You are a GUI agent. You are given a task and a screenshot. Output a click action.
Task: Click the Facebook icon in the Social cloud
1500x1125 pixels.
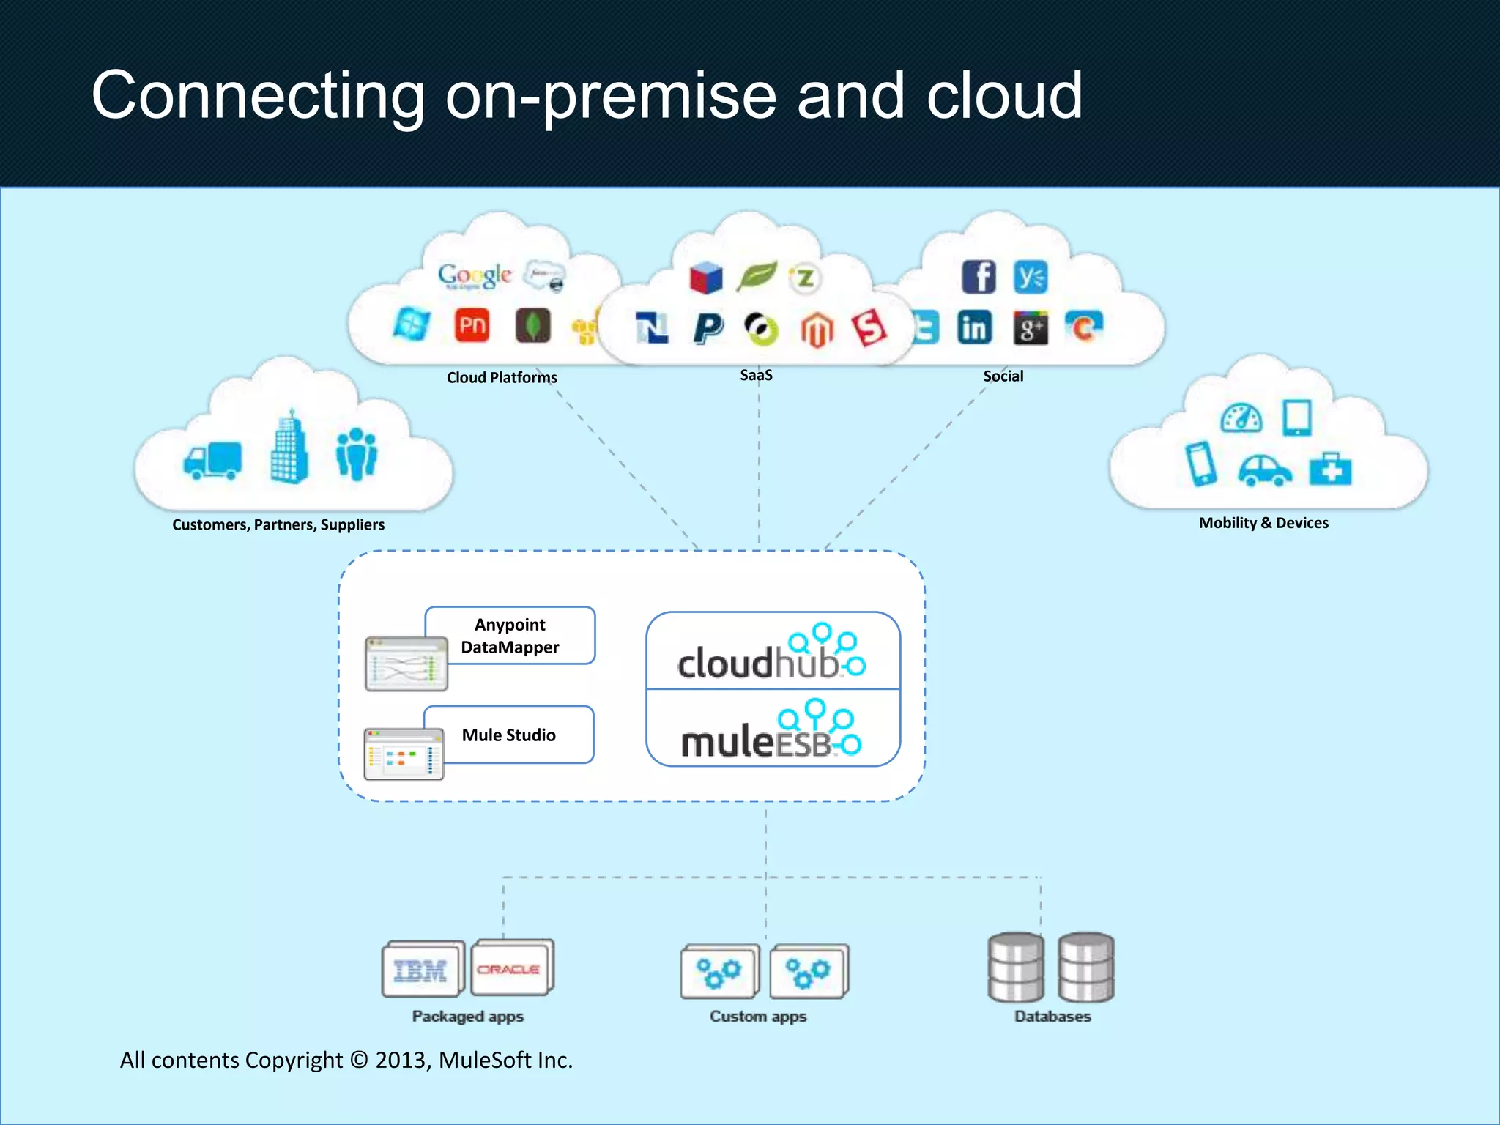(x=979, y=277)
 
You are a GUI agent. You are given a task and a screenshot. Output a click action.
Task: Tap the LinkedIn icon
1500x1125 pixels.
(x=974, y=327)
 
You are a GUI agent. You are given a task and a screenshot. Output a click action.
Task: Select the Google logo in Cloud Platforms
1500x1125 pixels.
(x=475, y=275)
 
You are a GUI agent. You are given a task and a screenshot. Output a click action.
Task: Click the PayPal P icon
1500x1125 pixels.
(x=708, y=328)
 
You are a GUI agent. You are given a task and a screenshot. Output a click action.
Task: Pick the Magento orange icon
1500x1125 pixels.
(x=817, y=330)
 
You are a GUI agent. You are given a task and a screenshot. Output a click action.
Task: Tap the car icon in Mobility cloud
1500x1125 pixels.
(x=1265, y=470)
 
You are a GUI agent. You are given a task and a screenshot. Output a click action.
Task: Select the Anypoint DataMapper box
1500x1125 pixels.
(x=510, y=636)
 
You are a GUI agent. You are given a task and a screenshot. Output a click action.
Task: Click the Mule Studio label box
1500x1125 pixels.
(x=509, y=735)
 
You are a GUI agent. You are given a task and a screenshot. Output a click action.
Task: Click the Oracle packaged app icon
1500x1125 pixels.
(x=510, y=968)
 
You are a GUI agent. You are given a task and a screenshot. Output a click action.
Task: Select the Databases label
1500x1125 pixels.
(x=1052, y=1017)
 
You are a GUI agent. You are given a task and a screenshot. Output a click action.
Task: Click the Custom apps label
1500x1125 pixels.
(x=758, y=1017)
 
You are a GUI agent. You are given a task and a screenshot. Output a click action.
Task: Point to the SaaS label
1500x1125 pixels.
(x=756, y=375)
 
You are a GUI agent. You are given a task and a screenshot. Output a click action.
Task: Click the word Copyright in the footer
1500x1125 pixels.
(x=294, y=1060)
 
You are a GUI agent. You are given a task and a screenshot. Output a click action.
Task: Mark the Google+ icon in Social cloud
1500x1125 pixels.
(x=1031, y=327)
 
